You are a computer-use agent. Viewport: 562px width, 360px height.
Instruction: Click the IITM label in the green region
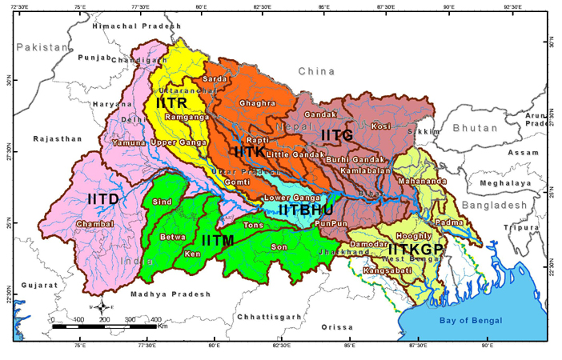pos(217,240)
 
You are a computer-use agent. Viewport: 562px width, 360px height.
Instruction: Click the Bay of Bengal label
pos(471,321)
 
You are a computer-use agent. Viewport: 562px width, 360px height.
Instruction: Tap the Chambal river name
pos(97,223)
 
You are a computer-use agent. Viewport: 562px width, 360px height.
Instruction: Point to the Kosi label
pos(380,126)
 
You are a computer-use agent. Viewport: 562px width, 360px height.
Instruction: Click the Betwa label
pos(173,237)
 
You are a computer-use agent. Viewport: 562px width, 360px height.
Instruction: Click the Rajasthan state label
pos(57,138)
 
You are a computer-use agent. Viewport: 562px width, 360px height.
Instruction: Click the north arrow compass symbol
pos(102,307)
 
